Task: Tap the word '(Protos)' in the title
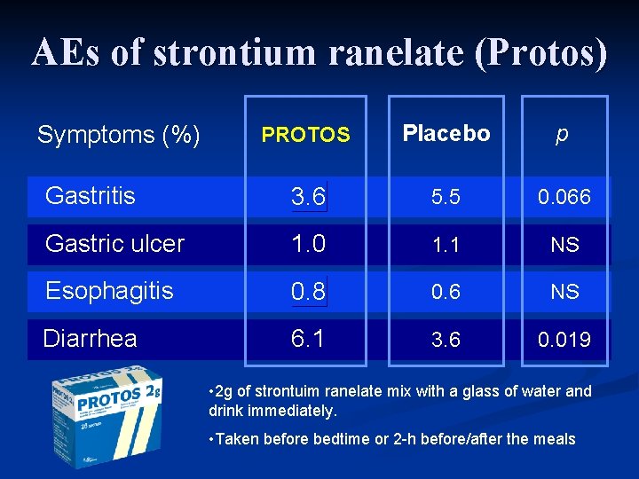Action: tap(541, 53)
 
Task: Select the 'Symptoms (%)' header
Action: tap(118, 135)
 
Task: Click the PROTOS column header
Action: tap(305, 135)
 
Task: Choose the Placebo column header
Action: tap(446, 134)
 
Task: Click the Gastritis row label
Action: tap(90, 196)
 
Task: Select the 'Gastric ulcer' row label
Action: tap(114, 244)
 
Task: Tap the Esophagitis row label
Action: tap(109, 291)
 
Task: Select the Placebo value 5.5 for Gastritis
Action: tap(446, 198)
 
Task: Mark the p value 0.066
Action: tap(564, 198)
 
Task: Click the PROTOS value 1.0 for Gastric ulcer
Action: tap(308, 244)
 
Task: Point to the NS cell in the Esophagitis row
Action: tap(564, 292)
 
